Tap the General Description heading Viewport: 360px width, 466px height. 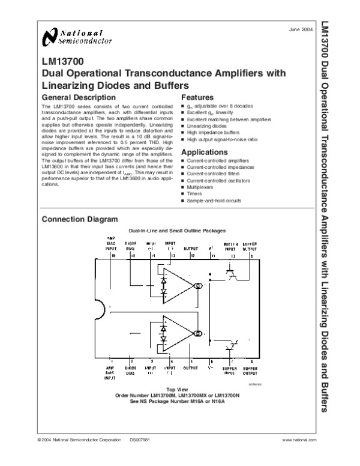76,97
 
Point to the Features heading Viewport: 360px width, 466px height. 197,97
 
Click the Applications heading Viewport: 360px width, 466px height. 206,152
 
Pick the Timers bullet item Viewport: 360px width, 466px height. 196,194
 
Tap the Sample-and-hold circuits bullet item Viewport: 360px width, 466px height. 214,201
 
